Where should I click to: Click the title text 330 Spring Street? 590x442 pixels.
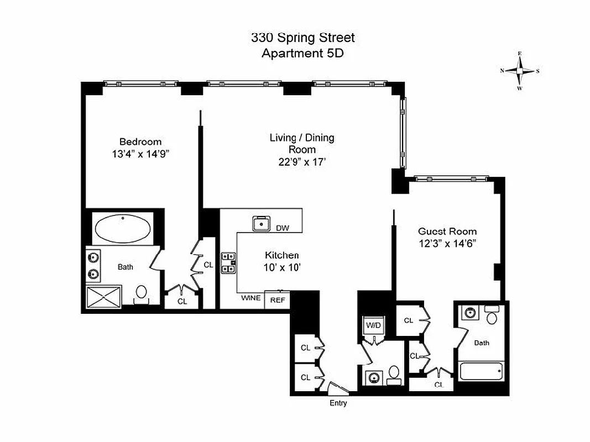[x=302, y=38]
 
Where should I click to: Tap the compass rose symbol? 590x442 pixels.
[x=520, y=71]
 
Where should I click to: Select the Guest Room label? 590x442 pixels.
[x=447, y=231]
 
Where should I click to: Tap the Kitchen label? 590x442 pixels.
[x=281, y=255]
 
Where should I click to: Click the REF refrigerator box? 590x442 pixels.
[x=276, y=299]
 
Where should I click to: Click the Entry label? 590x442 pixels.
[x=338, y=403]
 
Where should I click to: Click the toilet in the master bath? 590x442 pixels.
[x=142, y=293]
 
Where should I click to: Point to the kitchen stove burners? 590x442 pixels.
[x=228, y=262]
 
